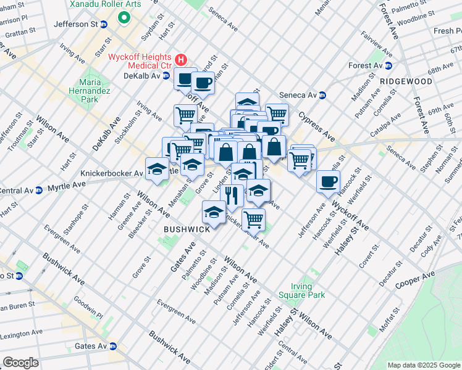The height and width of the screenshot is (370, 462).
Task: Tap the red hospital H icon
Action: click(181, 60)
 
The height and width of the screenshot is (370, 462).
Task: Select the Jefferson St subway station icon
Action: click(104, 25)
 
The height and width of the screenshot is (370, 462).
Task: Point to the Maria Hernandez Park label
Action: click(90, 90)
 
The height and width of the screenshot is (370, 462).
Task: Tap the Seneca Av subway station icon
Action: click(322, 95)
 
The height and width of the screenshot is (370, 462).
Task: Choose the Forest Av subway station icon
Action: click(388, 66)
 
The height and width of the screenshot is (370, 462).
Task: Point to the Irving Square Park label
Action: click(308, 290)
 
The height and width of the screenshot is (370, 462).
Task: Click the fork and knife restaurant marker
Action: click(232, 195)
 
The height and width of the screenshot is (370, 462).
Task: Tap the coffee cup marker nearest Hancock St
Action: click(328, 181)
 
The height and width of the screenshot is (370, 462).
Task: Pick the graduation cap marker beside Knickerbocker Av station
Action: click(157, 169)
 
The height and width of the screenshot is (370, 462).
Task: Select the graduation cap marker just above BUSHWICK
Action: click(214, 213)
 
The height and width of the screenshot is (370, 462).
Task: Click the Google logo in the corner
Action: click(20, 363)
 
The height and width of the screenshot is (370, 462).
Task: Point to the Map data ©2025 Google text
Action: click(423, 365)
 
